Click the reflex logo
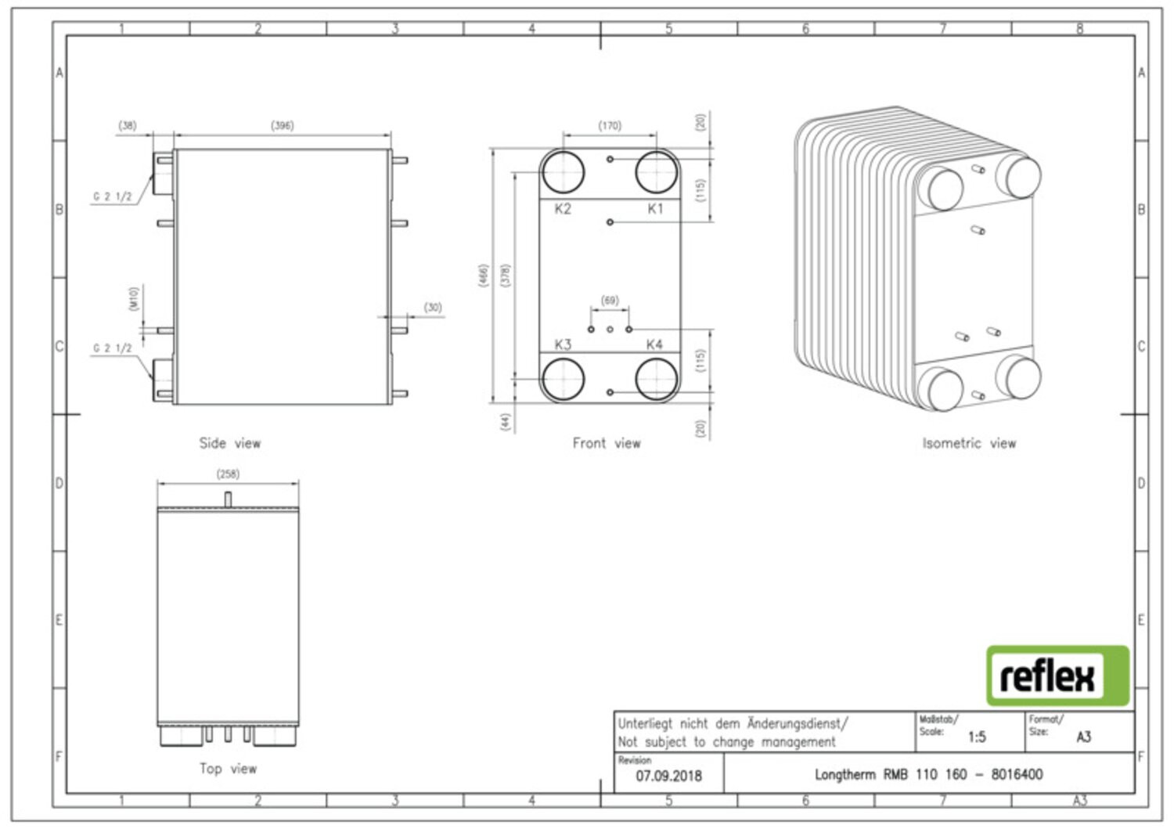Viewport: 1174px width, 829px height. coord(1057,676)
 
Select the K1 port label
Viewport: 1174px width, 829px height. coord(655,209)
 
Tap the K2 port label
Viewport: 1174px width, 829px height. coord(563,209)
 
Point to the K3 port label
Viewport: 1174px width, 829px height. coord(563,344)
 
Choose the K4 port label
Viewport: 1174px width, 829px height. coord(654,344)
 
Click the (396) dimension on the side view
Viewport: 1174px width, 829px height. coord(282,125)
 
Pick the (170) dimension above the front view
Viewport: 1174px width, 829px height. coord(610,125)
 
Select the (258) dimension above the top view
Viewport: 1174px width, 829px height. coord(228,474)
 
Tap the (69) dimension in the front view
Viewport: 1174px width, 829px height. coord(610,300)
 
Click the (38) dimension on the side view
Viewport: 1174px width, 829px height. coord(128,125)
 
